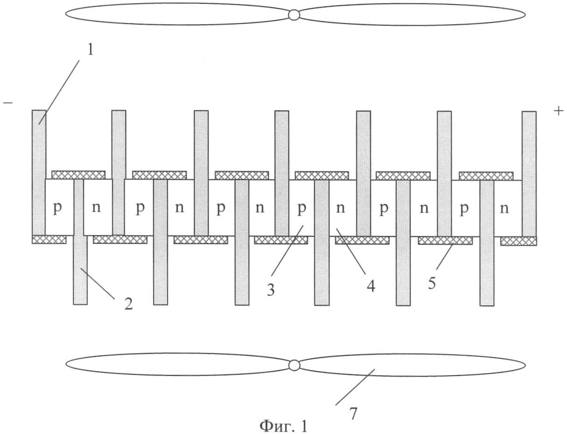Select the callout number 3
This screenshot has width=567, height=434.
tap(271, 289)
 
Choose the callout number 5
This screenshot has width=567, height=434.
tap(432, 283)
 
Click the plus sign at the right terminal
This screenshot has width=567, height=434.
tap(558, 111)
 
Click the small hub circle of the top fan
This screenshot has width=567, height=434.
tap(294, 15)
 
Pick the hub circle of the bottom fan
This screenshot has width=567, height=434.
tap(294, 365)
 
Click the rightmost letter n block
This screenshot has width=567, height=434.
tap(504, 208)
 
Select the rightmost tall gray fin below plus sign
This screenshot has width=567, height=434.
tap(529, 173)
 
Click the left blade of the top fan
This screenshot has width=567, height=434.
tap(177, 14)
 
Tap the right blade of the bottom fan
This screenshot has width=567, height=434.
tap(411, 365)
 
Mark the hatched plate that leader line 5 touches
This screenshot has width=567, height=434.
tap(445, 240)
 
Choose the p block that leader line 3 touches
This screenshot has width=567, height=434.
tap(302, 208)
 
